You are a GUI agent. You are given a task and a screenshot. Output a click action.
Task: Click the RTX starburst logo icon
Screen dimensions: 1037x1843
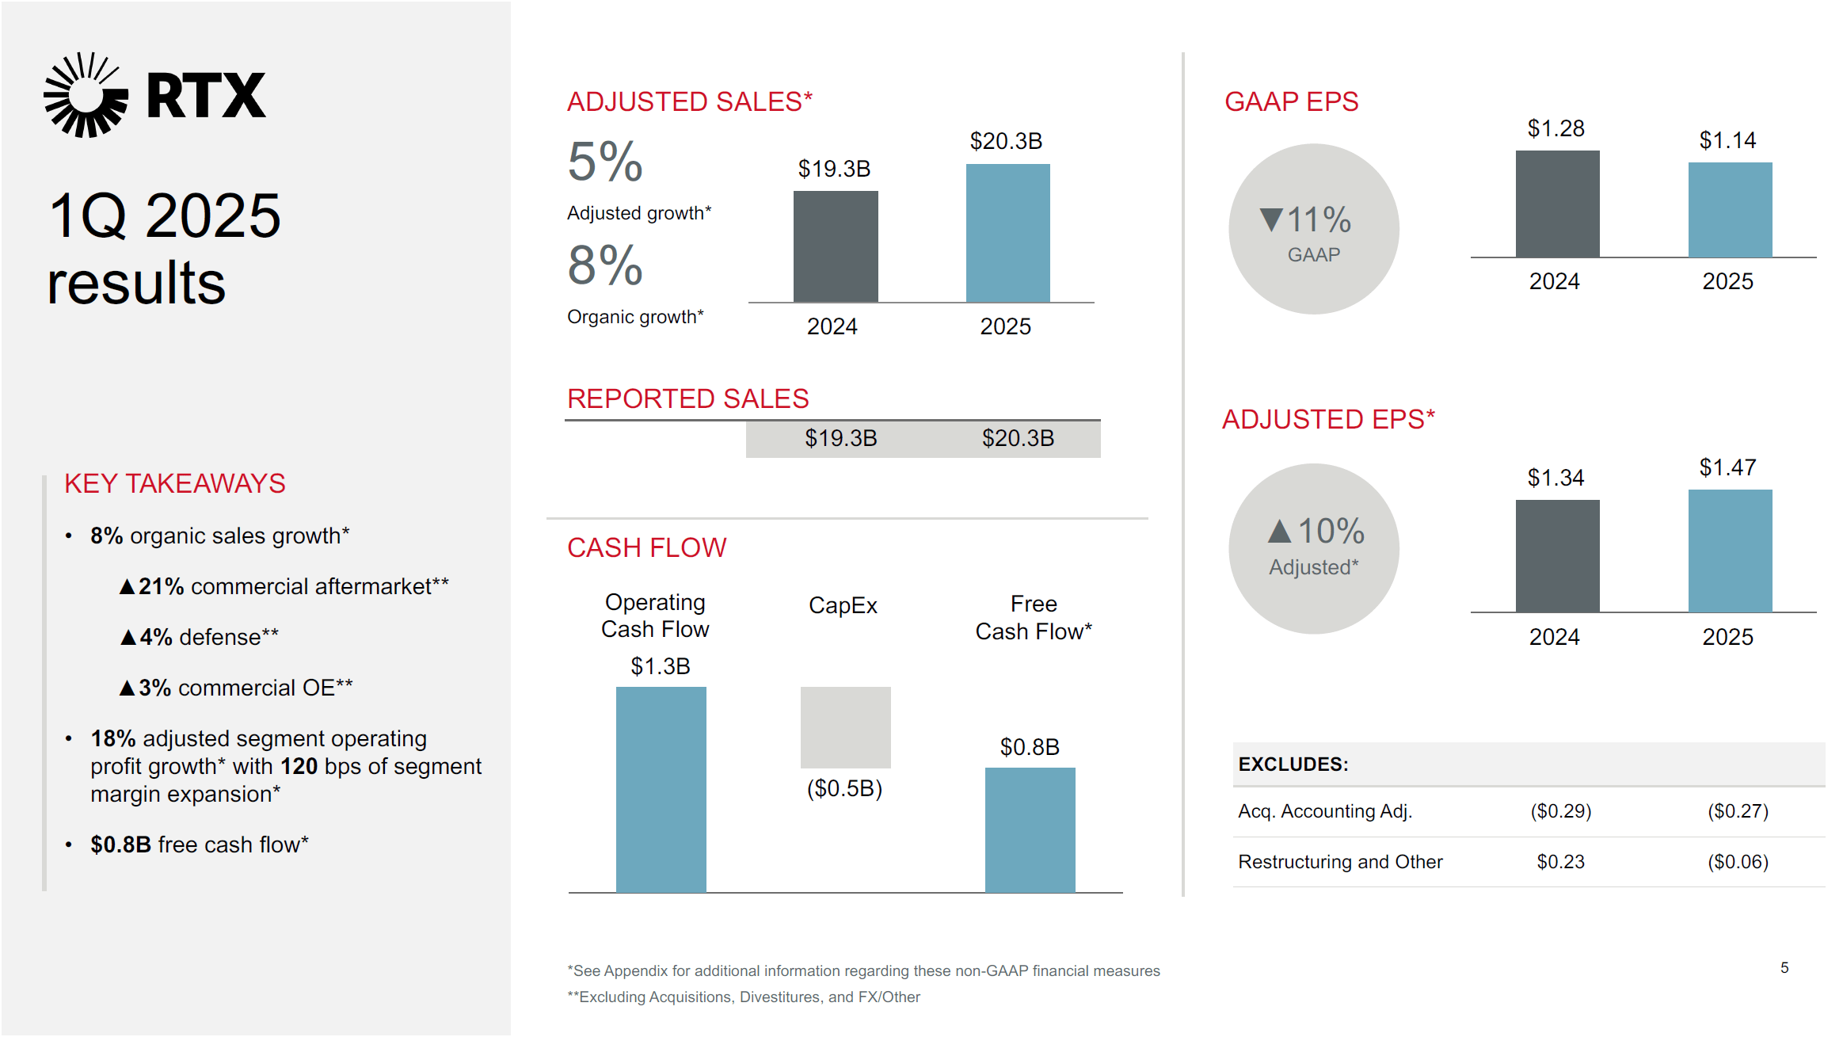[x=86, y=95]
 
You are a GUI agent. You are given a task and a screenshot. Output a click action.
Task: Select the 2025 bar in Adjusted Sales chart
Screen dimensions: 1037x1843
[x=1007, y=233]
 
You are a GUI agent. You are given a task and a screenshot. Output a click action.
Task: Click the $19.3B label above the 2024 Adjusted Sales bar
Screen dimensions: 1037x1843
[x=834, y=169]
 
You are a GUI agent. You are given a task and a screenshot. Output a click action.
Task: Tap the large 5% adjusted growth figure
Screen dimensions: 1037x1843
[x=605, y=162]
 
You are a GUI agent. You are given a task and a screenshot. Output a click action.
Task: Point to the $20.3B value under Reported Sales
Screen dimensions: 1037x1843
[x=1018, y=438]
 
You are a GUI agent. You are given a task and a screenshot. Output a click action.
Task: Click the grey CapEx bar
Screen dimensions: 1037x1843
[x=845, y=726]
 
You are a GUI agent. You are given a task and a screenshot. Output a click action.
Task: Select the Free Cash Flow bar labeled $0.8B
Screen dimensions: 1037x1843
[x=1030, y=829]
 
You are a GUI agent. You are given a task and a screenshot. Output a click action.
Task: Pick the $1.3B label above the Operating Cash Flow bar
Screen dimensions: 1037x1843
[x=660, y=666]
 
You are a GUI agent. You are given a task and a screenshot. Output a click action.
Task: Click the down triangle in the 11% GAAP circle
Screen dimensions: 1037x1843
[x=1271, y=219]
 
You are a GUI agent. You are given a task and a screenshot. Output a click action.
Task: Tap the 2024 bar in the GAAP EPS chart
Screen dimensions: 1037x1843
[x=1557, y=204]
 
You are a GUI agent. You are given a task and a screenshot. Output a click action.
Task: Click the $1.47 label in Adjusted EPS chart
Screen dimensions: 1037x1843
[x=1727, y=467]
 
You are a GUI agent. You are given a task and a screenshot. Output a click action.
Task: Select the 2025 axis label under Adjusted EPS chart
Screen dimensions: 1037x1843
[x=1727, y=637]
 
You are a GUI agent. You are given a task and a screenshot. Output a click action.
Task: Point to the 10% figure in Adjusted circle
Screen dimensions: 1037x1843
[x=1331, y=531]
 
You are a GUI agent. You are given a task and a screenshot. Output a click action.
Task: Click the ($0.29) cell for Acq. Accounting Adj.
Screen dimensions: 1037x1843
[x=1560, y=811]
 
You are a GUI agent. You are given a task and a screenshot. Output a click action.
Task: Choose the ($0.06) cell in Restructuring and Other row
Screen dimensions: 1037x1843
[x=1738, y=862]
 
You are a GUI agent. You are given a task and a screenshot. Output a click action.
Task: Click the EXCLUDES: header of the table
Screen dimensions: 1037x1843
[x=1293, y=764]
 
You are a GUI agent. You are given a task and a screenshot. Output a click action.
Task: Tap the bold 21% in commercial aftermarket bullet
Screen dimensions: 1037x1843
[x=161, y=586]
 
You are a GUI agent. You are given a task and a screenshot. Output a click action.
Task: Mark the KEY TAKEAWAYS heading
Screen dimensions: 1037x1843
[x=174, y=483]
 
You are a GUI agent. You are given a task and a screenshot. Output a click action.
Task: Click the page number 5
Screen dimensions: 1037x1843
[x=1784, y=967]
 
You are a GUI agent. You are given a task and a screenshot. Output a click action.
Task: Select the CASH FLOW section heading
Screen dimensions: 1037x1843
[x=646, y=547]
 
